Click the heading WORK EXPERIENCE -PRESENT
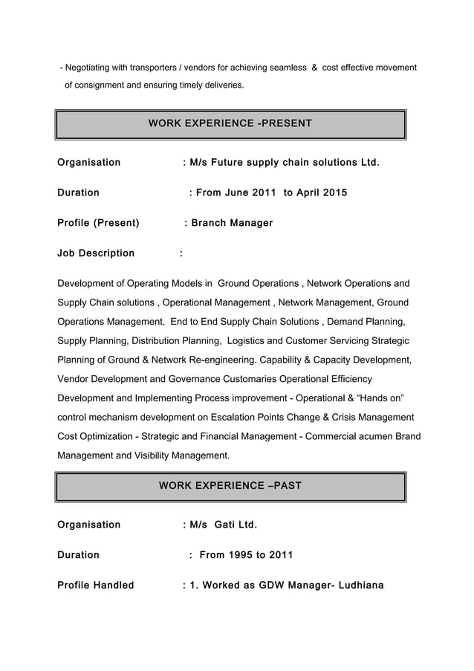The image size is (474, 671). [230, 123]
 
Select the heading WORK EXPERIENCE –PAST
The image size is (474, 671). [230, 486]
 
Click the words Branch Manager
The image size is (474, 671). [233, 223]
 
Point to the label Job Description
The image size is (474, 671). [96, 253]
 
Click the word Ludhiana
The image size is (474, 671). [361, 586]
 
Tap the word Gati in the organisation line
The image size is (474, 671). [227, 525]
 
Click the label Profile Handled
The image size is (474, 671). [96, 586]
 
